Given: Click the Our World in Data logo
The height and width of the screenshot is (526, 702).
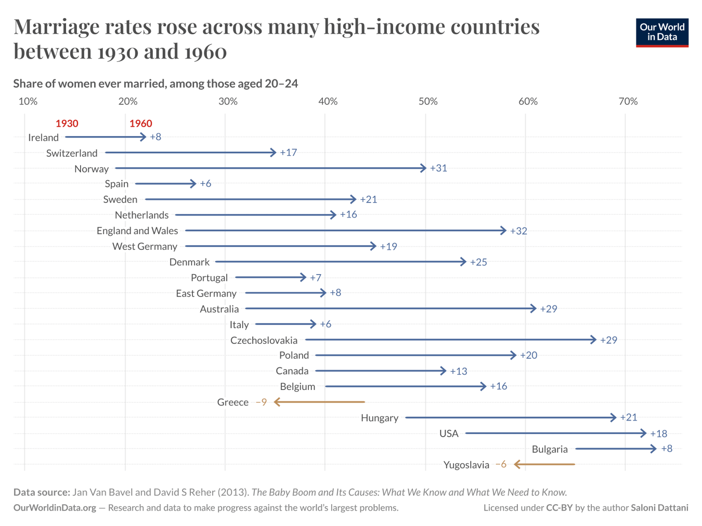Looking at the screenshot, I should tap(661, 33).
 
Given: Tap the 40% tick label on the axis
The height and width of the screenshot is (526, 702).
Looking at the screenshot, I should tap(328, 101).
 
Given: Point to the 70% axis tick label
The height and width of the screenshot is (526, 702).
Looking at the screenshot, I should tap(628, 101).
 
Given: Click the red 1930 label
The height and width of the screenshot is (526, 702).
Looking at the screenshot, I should tap(67, 124).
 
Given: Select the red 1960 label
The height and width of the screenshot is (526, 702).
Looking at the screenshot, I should tap(140, 124).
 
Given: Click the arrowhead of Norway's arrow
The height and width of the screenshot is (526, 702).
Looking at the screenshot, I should tap(423, 168).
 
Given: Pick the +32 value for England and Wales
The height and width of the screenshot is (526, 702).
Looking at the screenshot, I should tap(518, 231).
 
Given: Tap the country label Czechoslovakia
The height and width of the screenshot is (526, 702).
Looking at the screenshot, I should tap(264, 341).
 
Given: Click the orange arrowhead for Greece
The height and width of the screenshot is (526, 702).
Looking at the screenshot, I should tap(278, 402).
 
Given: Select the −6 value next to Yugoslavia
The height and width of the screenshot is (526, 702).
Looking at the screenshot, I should tap(501, 464).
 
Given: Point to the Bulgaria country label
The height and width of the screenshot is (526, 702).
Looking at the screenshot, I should tap(550, 450).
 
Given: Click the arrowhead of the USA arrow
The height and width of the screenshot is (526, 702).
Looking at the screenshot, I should tap(644, 433).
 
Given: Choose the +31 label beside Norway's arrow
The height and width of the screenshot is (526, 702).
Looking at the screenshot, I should tap(438, 168).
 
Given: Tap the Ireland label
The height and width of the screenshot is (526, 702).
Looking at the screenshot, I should tap(43, 138).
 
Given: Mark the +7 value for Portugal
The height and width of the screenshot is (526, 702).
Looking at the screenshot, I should tap(315, 278).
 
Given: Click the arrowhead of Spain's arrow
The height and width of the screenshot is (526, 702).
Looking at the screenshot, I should tap(193, 184).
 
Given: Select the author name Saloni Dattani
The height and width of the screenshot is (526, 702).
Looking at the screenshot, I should tap(659, 508).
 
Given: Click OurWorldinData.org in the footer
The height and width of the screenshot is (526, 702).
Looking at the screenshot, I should tap(55, 508).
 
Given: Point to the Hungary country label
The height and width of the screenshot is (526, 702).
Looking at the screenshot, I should tap(380, 418).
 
